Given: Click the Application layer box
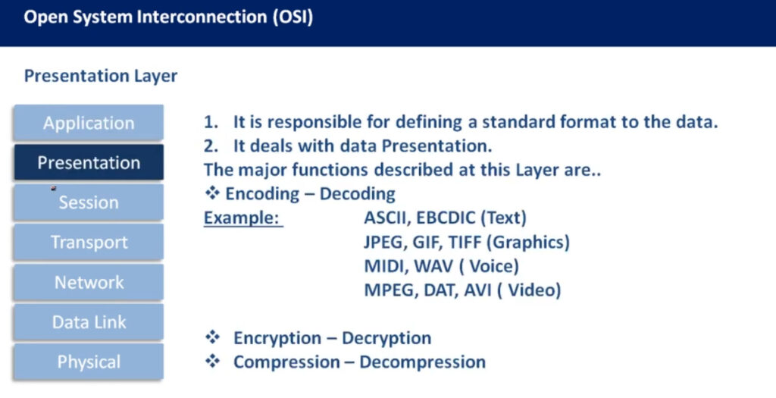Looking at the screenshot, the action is click(89, 122).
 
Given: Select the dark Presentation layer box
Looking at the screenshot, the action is click(89, 162).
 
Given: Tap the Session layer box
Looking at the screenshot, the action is click(89, 202).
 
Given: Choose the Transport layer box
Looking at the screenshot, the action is click(89, 242).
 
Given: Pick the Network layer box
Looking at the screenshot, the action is click(89, 282).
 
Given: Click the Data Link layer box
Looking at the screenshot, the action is click(89, 321).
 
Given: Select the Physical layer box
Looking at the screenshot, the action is click(89, 362).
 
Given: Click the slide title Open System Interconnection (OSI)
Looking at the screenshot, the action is click(168, 17).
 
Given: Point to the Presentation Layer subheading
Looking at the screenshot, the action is click(101, 77).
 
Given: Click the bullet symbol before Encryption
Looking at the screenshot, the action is click(212, 337).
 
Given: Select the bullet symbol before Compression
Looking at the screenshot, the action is click(212, 362).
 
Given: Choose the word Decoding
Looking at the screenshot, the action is click(358, 194).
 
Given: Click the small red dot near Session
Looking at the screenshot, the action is click(54, 188).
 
